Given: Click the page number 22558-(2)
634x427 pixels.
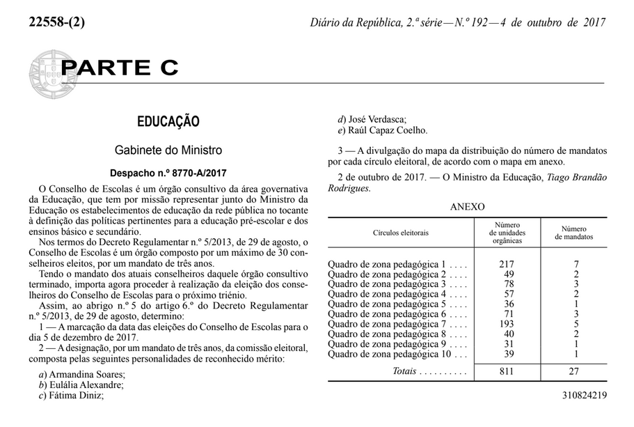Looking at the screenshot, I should point(56,22).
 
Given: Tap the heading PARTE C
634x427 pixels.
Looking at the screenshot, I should point(120,68).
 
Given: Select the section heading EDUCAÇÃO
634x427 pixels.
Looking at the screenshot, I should point(168,121).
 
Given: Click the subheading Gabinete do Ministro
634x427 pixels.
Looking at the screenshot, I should point(168,150).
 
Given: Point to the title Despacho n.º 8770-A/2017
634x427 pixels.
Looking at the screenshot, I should point(168,173).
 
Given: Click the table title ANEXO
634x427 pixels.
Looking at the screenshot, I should point(467,206).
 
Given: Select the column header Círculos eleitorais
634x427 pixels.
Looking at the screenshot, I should point(400,232).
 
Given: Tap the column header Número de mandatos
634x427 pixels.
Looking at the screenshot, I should point(573,233).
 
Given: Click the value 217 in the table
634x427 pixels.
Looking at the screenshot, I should point(506,265).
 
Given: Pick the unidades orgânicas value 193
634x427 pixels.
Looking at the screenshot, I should point(506,324).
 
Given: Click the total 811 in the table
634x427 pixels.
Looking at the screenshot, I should point(506,371).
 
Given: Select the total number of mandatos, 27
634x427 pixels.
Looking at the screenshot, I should point(574,371).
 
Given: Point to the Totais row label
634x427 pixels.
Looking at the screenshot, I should point(404,371).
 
